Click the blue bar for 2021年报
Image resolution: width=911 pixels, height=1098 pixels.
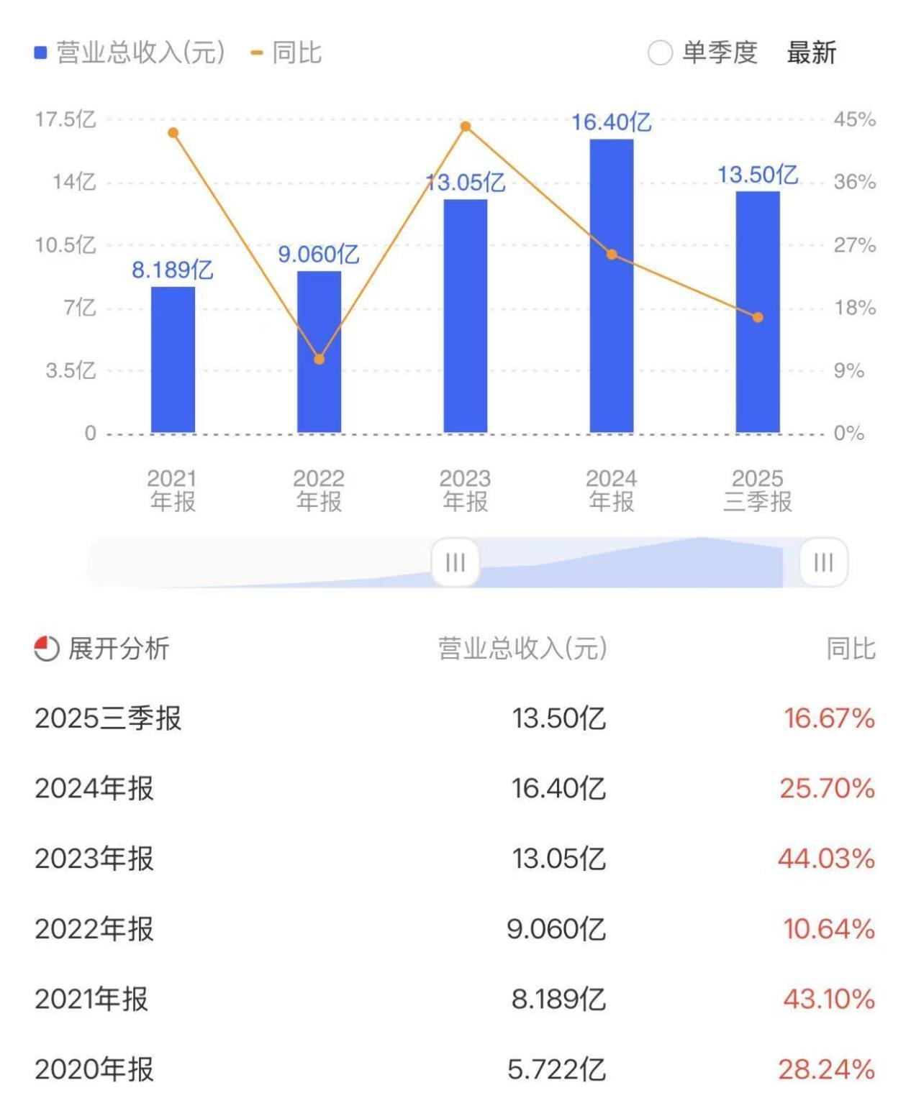[x=173, y=360]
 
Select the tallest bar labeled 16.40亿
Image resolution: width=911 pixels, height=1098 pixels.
[x=612, y=288]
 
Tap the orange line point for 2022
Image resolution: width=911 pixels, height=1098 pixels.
[x=319, y=359]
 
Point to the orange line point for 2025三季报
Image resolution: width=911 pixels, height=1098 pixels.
[x=758, y=317]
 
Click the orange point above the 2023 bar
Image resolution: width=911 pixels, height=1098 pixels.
[x=466, y=127]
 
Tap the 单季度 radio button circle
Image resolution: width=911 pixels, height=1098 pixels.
[x=660, y=53]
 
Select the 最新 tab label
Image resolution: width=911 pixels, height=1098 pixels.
[x=811, y=53]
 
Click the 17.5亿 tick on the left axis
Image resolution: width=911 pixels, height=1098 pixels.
[x=65, y=119]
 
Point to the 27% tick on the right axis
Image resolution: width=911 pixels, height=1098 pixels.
[x=854, y=245]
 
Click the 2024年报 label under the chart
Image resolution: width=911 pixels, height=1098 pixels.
[x=612, y=490]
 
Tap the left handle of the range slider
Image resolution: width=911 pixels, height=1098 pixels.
[x=455, y=562]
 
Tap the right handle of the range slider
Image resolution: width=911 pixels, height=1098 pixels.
[x=823, y=562]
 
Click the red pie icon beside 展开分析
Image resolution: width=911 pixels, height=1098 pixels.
[x=47, y=649]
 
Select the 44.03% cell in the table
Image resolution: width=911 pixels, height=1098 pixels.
[x=826, y=859]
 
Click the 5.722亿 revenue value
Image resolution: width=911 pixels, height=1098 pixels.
[x=556, y=1069]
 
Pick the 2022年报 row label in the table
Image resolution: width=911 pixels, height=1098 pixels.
[x=94, y=929]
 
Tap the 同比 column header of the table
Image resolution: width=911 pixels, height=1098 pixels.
[x=851, y=649]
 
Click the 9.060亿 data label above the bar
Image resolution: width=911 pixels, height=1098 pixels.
[x=319, y=255]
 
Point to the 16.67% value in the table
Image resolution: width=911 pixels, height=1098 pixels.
[x=829, y=718]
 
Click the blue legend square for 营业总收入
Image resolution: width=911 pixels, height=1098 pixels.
[x=41, y=53]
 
